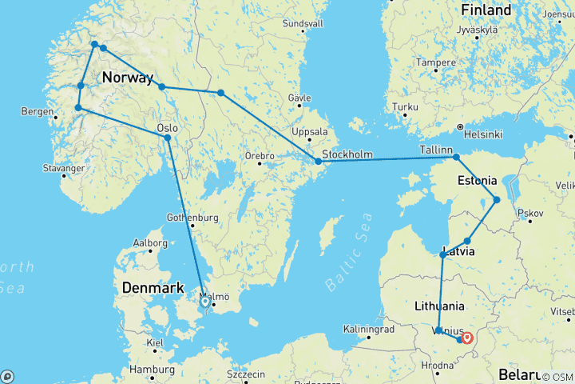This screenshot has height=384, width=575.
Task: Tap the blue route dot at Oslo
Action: tap(168, 138)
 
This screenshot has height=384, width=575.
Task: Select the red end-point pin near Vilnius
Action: tap(466, 338)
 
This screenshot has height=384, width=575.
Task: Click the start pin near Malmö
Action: tap(205, 302)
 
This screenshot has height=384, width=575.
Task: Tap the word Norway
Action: tap(128, 78)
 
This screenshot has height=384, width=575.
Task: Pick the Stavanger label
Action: tap(65, 169)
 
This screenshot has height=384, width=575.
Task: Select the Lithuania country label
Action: tap(440, 306)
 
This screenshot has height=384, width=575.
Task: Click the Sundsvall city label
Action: tap(303, 23)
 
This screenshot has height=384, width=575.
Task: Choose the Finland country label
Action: tap(486, 10)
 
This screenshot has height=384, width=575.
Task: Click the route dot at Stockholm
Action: tap(318, 162)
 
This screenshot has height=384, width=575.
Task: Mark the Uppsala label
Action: tap(310, 132)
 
